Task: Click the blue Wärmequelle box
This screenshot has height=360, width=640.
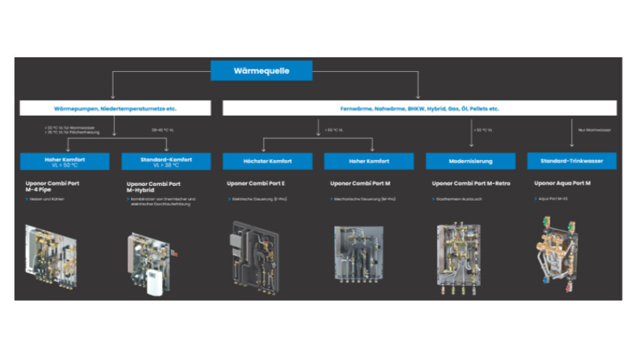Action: [x=261, y=71]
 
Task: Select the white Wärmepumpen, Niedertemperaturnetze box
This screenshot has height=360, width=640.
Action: [x=115, y=108]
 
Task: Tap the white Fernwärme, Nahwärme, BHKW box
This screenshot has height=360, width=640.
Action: [x=419, y=108]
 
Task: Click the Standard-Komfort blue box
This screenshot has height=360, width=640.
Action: [x=166, y=161]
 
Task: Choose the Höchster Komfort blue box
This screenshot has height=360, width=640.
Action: [x=267, y=161]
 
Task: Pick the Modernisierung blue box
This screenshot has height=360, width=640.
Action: [x=470, y=161]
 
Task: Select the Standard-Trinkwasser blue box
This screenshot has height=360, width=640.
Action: [x=571, y=161]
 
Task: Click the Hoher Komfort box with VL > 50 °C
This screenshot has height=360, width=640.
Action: [x=65, y=161]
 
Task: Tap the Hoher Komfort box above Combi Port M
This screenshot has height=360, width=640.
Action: [x=369, y=161]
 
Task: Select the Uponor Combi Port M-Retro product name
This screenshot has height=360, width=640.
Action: [x=471, y=183]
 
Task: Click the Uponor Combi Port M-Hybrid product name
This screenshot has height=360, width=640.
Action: [x=153, y=187]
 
